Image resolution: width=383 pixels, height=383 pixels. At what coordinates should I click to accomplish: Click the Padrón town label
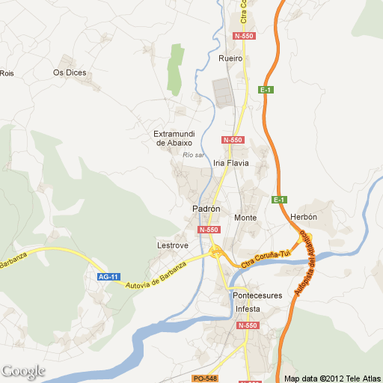pos(206,209)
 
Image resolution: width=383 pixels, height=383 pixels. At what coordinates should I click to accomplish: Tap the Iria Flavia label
pos(230,162)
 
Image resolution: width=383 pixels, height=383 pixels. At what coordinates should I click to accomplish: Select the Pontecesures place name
pos(257,295)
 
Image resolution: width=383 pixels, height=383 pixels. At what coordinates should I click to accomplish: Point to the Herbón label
pos(304,217)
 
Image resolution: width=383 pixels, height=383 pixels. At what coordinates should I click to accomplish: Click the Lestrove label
pos(172,245)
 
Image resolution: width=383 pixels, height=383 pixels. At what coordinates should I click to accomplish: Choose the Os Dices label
pos(70,73)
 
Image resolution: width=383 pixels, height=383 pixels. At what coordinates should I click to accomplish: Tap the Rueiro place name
pos(230,57)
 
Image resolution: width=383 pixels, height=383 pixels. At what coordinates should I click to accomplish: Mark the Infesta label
pos(248,309)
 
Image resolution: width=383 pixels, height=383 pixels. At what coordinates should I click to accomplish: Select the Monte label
pos(245,218)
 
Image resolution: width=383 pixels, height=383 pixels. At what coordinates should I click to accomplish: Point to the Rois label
pos(7,73)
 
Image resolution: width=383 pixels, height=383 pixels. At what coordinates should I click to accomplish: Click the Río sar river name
pos(193,155)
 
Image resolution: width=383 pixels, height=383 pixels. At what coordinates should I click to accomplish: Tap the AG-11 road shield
pos(108,277)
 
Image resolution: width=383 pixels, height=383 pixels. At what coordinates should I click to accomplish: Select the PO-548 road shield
pos(204,379)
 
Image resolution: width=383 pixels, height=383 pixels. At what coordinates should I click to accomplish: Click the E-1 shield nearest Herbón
pos(279,200)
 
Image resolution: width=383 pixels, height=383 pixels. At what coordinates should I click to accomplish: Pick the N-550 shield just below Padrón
pos(209,230)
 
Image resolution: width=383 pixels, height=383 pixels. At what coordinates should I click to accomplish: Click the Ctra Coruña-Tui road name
pos(266,259)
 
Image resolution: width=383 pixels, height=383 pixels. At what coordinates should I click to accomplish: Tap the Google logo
pos(23,371)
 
